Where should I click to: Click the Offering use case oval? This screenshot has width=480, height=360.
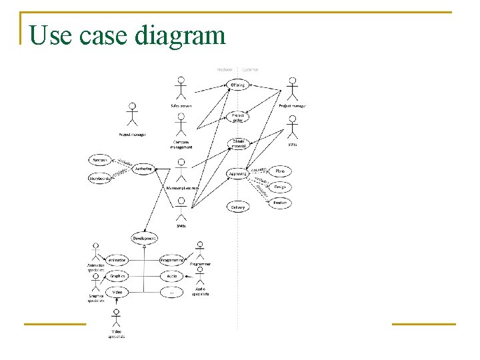tap(238, 85)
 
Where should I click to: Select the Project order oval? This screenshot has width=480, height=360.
tap(238, 116)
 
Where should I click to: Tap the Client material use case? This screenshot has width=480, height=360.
tap(238, 143)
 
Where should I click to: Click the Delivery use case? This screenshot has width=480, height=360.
tap(238, 207)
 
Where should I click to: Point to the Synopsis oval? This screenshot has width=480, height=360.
tap(101, 160)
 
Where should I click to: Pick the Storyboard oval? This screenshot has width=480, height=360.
tap(101, 178)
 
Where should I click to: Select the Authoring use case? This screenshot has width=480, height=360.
tap(143, 169)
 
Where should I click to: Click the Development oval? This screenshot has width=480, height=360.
tap(144, 238)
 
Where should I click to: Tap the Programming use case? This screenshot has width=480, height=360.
tap(172, 260)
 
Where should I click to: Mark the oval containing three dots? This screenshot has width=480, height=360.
tap(172, 292)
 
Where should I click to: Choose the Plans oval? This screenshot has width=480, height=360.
tap(279, 171)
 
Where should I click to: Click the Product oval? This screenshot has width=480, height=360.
tap(279, 203)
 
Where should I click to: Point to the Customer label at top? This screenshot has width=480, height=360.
tap(250, 69)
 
